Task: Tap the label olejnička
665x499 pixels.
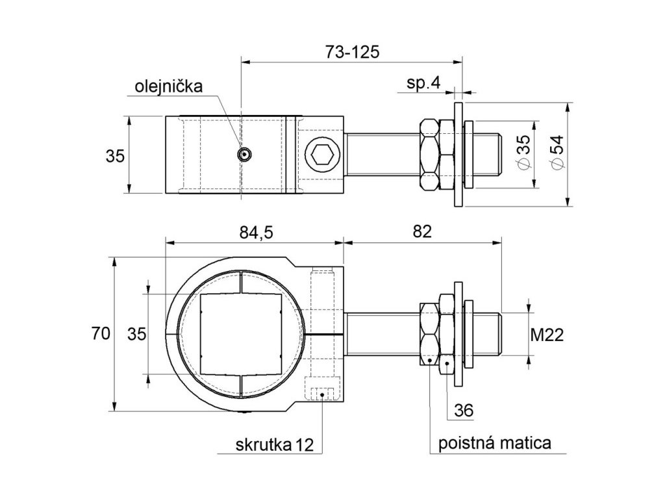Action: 169,87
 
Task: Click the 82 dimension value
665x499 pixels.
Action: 422,232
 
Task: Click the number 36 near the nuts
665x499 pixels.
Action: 464,410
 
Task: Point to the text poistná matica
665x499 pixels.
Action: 496,443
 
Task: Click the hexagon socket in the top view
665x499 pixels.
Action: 323,155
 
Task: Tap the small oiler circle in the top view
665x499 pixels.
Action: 244,155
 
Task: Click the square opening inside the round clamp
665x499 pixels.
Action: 240,333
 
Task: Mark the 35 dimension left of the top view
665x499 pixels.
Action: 115,155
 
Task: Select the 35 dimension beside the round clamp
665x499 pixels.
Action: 136,333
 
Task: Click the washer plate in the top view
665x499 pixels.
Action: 458,155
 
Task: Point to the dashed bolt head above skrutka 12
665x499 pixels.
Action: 321,392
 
